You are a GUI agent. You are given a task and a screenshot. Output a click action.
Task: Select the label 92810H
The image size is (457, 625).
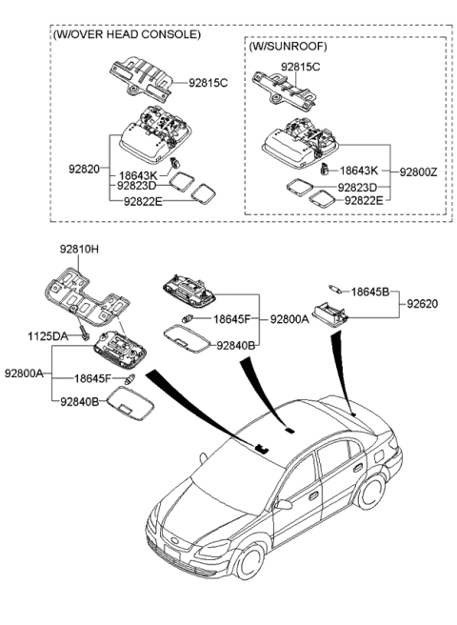80,252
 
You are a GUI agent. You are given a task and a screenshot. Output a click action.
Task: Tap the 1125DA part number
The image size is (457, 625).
47,336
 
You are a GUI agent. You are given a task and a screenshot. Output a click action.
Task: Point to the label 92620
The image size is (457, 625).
425,304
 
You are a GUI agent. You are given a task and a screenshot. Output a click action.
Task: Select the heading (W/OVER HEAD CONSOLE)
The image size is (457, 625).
127,33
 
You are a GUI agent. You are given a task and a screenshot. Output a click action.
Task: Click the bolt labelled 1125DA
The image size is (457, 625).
85,334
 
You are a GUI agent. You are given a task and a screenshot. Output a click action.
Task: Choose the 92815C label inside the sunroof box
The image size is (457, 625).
301,67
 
